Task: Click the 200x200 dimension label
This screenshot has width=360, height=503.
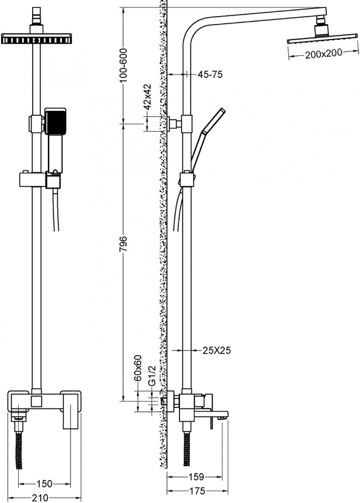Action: click(323, 54)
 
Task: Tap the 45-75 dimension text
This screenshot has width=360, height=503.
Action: click(210, 75)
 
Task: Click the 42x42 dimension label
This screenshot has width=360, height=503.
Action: click(147, 97)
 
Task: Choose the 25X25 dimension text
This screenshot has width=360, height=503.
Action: click(216, 350)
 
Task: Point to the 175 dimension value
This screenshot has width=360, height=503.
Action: click(196, 491)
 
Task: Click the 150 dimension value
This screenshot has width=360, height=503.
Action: click(44, 483)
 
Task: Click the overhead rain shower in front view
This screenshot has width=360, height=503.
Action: click(36, 39)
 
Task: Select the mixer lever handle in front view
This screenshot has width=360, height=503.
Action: click(70, 411)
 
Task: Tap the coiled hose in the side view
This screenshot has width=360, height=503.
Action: click(186, 449)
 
